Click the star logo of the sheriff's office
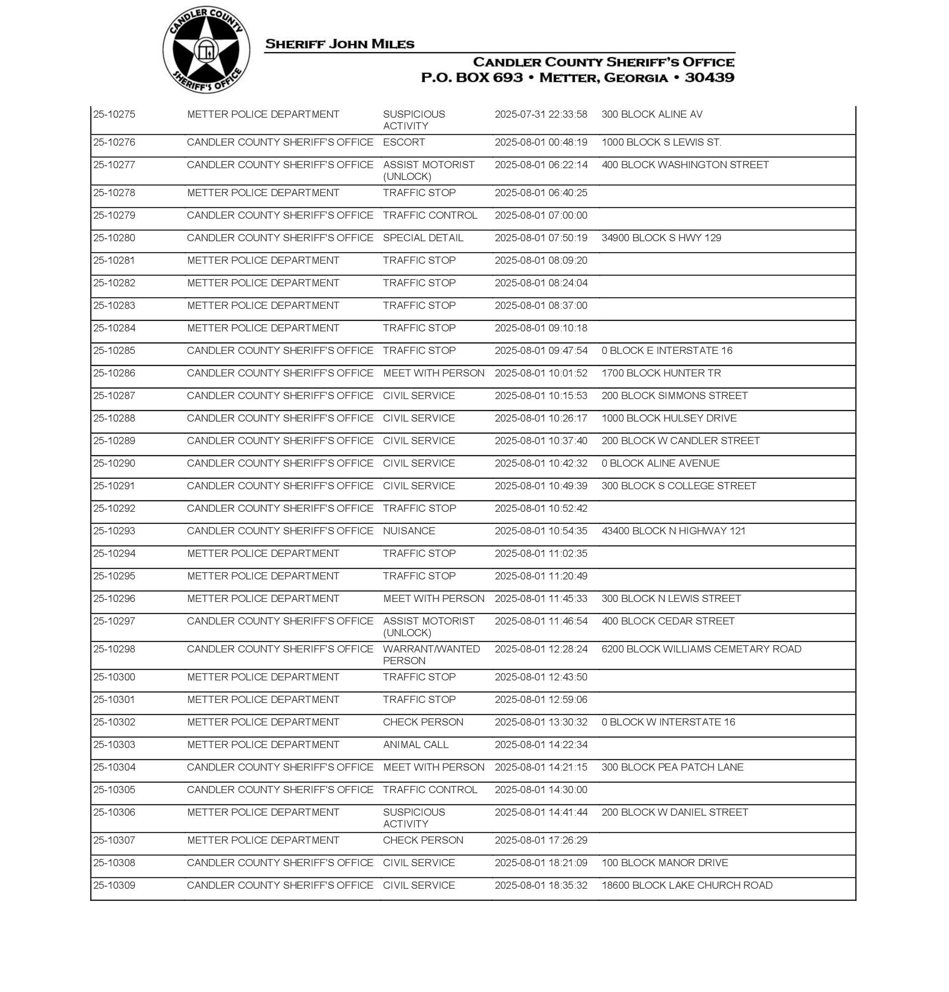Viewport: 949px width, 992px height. pyautogui.click(x=206, y=50)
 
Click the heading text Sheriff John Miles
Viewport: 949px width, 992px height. pyautogui.click(x=339, y=45)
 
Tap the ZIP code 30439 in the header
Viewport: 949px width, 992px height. pyautogui.click(x=709, y=78)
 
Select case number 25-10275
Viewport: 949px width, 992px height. pyautogui.click(x=115, y=115)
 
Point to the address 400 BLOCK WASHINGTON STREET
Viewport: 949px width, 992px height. pyautogui.click(x=685, y=165)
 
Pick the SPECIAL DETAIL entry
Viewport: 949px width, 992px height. pyautogui.click(x=423, y=238)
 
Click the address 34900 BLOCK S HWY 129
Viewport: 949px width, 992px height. pyautogui.click(x=661, y=238)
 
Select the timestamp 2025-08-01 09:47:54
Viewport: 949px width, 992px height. pyautogui.click(x=541, y=350)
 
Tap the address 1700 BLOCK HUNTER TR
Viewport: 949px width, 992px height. pyautogui.click(x=661, y=373)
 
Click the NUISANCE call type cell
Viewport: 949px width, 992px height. pyautogui.click(x=409, y=531)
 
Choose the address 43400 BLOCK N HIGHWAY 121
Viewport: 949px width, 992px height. pyautogui.click(x=673, y=531)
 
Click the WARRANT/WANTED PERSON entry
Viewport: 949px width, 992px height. pyautogui.click(x=431, y=655)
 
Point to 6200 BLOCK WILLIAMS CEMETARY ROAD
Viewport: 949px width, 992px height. pyautogui.click(x=701, y=649)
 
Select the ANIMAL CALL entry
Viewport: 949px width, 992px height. pyautogui.click(x=415, y=744)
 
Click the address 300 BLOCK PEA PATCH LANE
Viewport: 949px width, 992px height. pyautogui.click(x=672, y=767)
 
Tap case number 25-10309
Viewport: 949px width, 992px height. pyautogui.click(x=115, y=886)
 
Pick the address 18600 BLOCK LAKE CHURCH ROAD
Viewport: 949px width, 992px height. pyautogui.click(x=687, y=886)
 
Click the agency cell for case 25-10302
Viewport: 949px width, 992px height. pyautogui.click(x=263, y=722)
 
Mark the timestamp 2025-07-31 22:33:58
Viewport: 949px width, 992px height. pyautogui.click(x=541, y=115)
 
